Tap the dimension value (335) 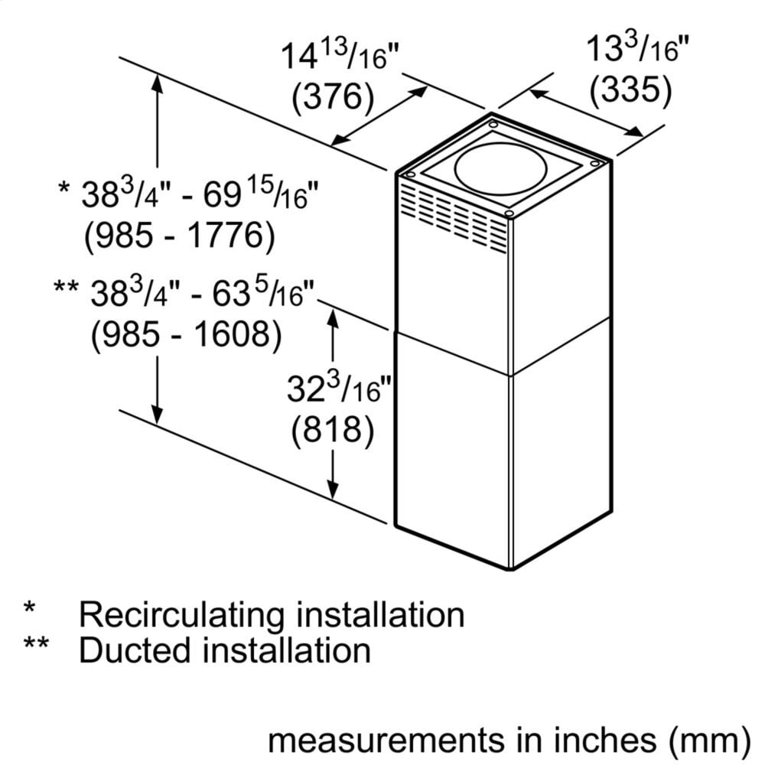[630, 91]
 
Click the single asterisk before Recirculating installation [30, 610]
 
